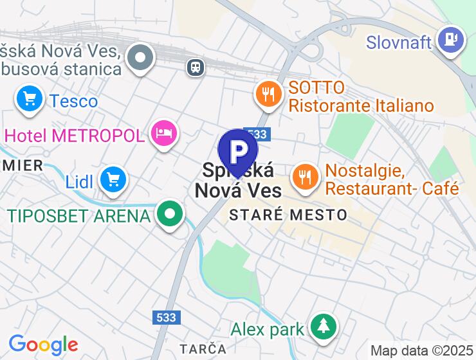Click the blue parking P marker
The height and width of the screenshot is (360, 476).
[238, 151]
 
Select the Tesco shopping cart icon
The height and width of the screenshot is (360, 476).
[29, 99]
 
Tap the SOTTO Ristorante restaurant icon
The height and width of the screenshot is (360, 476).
[269, 94]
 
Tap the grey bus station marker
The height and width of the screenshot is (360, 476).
[140, 59]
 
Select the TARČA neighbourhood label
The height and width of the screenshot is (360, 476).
[203, 348]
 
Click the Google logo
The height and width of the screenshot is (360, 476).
[43, 345]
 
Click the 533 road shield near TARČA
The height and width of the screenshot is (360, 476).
[167, 318]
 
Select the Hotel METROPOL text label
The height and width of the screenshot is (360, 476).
[74, 136]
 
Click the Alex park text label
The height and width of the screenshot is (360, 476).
[268, 330]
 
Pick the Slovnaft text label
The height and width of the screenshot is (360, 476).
[399, 42]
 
